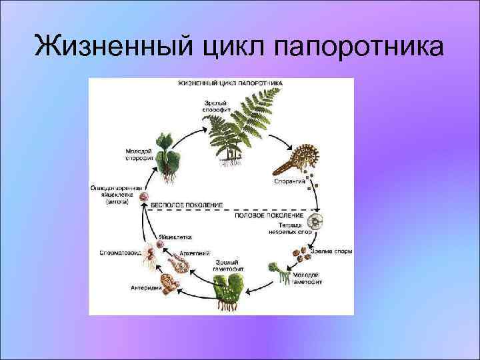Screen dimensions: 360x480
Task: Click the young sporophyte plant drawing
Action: [x=165, y=155]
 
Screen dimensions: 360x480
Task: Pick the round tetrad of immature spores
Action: [x=319, y=221]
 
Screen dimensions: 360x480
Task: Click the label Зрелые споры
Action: [x=335, y=251]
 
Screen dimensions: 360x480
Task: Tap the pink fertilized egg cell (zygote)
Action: [x=143, y=197]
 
